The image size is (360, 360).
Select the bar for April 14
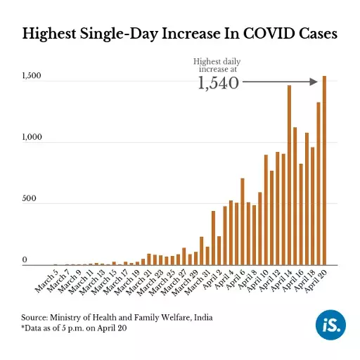coord(289,176)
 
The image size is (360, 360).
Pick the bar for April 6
coord(242,221)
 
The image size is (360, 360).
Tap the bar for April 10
coord(265,210)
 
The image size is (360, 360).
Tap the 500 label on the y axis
coord(30,200)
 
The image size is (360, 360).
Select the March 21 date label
coord(138,282)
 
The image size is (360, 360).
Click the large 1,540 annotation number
coord(218,84)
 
